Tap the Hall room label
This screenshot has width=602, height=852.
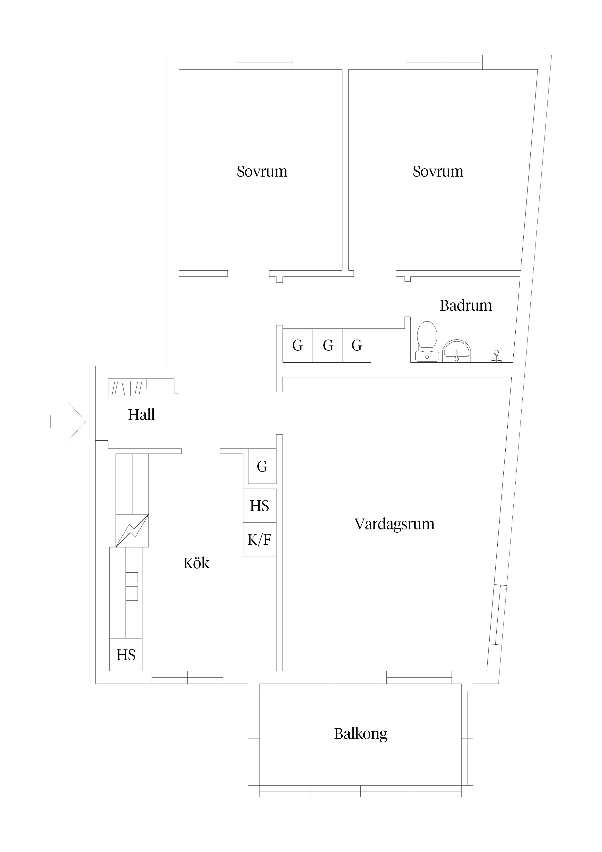[x=141, y=415]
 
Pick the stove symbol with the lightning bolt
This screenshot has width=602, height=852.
[x=132, y=531]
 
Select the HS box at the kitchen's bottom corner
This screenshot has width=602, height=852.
[x=126, y=655]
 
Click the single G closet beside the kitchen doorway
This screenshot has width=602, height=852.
[x=262, y=466]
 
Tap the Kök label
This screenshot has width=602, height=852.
[x=196, y=563]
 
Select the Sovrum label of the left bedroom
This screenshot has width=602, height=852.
[x=262, y=171]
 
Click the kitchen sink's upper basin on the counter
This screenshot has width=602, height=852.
[x=132, y=577]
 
